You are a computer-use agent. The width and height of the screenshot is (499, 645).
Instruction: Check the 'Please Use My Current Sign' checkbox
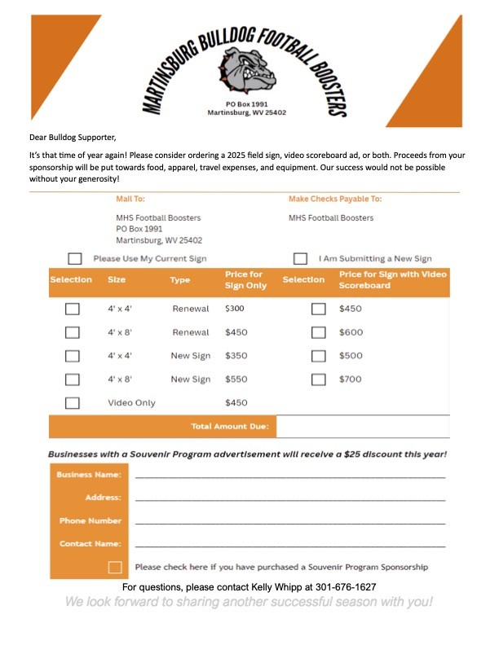click(75, 259)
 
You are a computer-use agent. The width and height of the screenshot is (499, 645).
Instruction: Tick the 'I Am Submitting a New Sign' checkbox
click(300, 259)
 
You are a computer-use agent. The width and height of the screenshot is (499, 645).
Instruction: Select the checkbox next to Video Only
click(73, 402)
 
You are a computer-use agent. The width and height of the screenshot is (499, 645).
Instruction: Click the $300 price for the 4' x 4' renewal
click(235, 309)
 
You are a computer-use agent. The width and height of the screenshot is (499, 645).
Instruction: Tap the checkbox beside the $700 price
click(319, 380)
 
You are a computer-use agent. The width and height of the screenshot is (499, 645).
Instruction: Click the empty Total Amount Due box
click(363, 426)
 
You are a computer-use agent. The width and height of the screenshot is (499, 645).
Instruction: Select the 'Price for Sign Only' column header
click(245, 280)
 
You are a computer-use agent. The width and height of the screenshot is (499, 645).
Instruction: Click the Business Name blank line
click(290, 476)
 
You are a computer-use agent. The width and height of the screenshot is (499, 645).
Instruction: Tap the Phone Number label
click(90, 520)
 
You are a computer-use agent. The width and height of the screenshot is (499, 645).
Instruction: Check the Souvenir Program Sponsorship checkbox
click(115, 567)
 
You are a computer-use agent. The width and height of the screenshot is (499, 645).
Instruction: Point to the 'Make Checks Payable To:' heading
click(334, 199)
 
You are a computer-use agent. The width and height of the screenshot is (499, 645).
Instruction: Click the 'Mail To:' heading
click(130, 199)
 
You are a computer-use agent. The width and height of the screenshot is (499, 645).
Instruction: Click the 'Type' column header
click(179, 280)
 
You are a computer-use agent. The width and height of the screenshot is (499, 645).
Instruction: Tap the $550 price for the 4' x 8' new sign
click(235, 380)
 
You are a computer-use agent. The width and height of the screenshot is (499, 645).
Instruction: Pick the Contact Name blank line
click(290, 545)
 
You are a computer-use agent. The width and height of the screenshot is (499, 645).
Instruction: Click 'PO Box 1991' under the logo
click(247, 104)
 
